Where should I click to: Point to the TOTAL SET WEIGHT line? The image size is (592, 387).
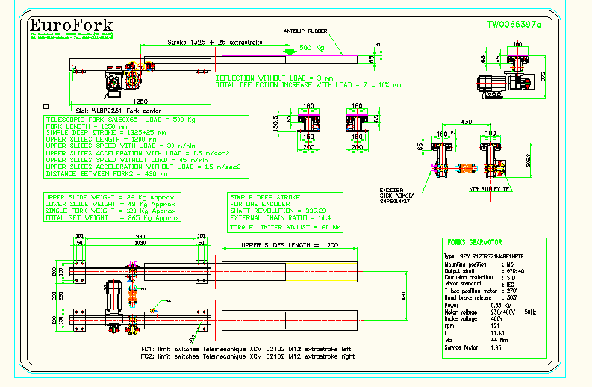click(112, 218)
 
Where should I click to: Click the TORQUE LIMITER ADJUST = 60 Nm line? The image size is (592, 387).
click(286, 226)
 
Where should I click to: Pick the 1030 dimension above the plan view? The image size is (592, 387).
click(139, 243)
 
